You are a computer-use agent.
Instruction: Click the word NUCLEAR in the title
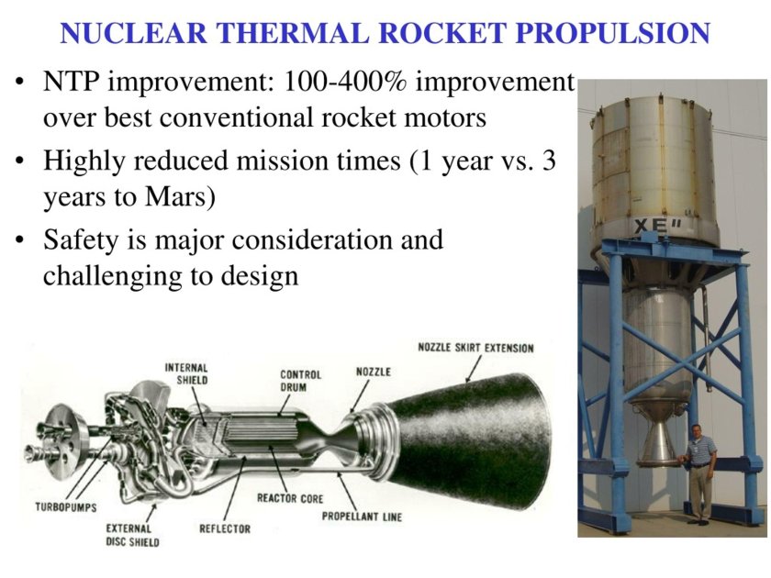133,33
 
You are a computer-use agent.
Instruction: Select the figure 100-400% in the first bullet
345,82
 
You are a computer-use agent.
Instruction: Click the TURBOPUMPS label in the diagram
66,506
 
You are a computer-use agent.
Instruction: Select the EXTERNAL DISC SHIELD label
133,535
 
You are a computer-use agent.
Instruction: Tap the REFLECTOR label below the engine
225,528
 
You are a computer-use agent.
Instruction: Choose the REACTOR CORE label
290,498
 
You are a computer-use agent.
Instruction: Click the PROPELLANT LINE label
362,517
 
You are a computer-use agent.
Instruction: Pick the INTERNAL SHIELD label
186,374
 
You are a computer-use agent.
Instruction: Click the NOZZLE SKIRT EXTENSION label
475,348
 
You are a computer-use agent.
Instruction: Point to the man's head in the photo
697,431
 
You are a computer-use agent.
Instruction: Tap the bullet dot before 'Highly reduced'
19,161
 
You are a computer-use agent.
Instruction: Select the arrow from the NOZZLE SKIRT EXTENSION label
473,369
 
